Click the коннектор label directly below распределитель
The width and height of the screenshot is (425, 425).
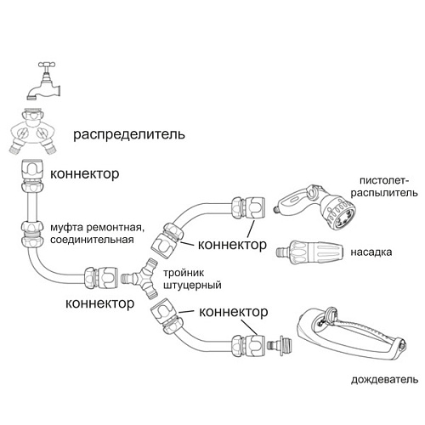point(85,173)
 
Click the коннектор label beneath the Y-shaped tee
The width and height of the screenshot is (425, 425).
point(100,303)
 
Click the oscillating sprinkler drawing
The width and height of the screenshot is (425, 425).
point(348,340)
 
